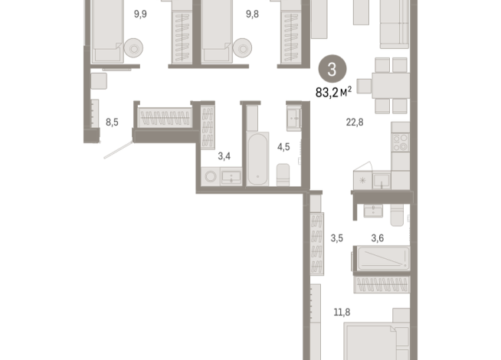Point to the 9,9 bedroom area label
140,13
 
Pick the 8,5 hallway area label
113,121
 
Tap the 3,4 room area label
224,156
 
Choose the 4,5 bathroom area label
283,146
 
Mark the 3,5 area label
337,238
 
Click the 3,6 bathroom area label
378,238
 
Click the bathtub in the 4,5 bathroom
256,157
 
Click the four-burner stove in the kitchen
400,142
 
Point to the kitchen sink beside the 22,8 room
381,179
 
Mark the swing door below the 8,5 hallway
119,150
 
